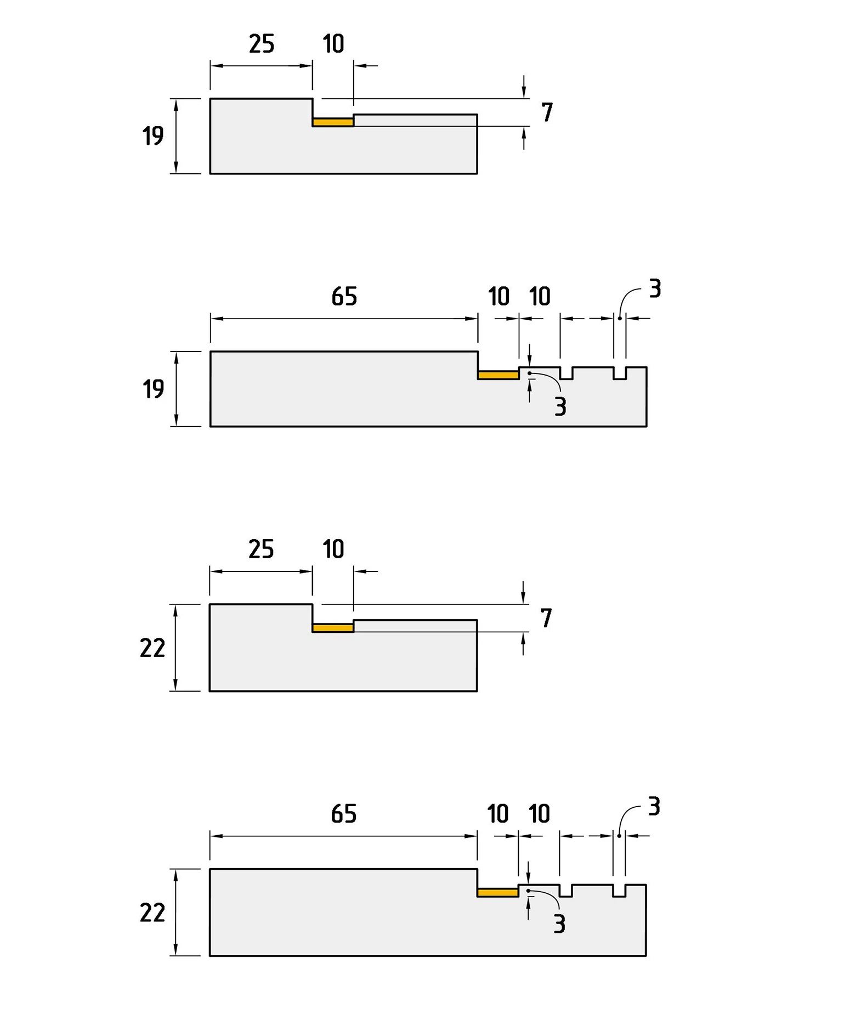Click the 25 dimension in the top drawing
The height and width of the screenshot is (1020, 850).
[261, 44]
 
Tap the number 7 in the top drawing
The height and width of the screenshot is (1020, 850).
[547, 112]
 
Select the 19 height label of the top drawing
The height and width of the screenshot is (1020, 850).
[153, 136]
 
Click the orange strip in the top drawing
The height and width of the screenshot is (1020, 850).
[333, 122]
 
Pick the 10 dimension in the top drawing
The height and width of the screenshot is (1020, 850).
[333, 44]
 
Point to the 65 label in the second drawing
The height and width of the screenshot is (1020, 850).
[344, 297]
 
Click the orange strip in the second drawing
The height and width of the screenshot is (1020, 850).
[498, 375]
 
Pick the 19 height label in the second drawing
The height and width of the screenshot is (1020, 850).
[153, 389]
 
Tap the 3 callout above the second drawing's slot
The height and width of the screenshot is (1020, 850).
[655, 289]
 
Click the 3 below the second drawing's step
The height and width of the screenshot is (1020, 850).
[560, 407]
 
